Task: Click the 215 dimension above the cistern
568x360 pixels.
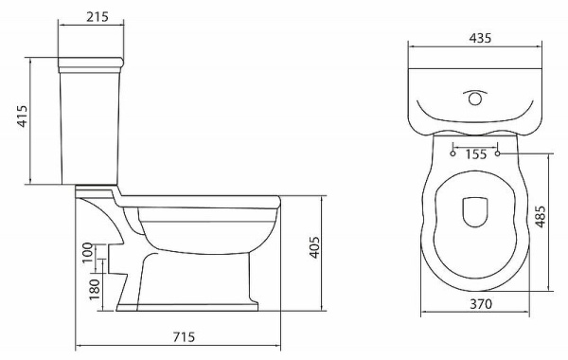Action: pos(92,17)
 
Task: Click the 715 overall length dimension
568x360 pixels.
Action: pos(186,337)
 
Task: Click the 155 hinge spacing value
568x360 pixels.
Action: pos(475,153)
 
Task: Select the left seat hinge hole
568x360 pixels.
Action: pos(453,153)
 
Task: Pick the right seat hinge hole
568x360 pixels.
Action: pos(498,153)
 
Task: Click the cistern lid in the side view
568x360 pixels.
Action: pos(92,63)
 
